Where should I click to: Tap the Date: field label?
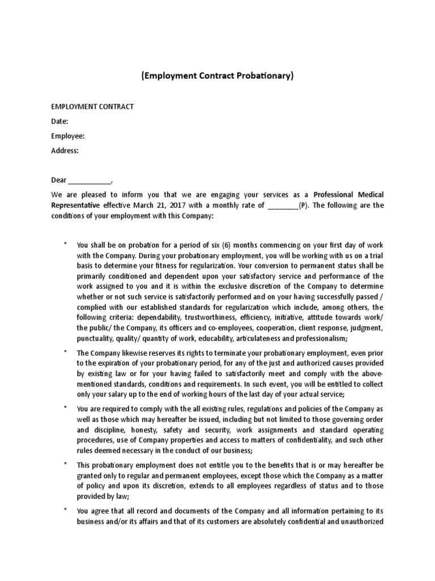click(x=60, y=121)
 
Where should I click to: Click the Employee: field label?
click(x=68, y=136)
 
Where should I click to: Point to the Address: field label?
click(x=65, y=151)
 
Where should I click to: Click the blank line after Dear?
click(x=90, y=180)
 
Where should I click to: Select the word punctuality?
click(x=99, y=339)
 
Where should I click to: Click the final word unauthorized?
click(x=362, y=522)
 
